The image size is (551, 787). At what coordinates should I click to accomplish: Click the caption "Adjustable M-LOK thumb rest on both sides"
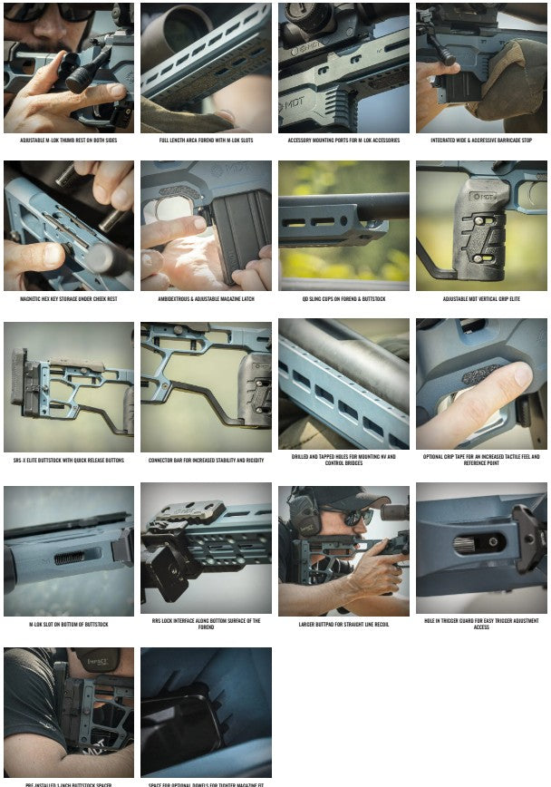point(69,141)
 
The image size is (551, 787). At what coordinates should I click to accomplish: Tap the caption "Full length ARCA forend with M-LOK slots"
point(206,141)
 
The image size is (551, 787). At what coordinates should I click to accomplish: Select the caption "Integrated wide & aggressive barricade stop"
point(481,141)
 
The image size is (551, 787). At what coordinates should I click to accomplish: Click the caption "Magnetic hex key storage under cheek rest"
point(69,298)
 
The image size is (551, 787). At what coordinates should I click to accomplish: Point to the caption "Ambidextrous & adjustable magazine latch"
point(206,298)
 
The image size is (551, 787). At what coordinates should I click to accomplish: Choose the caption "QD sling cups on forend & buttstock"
point(343,298)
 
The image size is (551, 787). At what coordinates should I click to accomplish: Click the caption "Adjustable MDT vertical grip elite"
point(481,298)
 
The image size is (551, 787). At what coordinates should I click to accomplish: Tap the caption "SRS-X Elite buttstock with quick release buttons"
point(69,460)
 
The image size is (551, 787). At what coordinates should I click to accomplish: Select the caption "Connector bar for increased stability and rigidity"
point(206,460)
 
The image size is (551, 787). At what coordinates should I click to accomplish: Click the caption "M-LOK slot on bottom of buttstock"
point(69,624)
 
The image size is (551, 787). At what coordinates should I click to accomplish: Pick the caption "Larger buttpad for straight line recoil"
point(343,624)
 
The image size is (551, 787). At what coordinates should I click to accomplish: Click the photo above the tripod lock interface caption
point(206,548)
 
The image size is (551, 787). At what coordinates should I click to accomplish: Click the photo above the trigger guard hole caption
point(481,548)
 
